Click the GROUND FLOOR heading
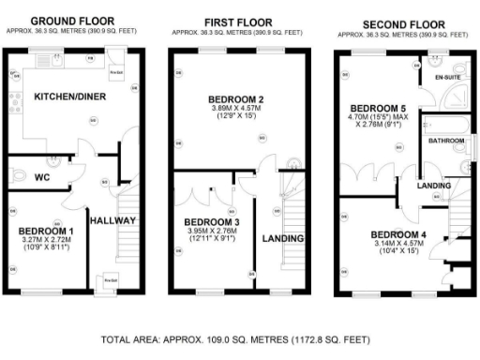tap(72, 20)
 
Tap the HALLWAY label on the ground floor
tap(113, 220)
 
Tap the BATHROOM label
tap(445, 141)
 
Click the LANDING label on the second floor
tap(431, 186)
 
